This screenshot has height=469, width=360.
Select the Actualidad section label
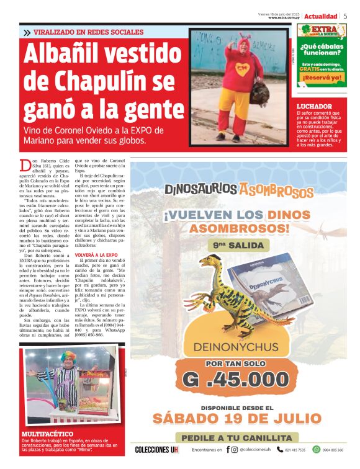pos(321,16)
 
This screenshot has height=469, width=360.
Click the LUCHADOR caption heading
pos(314,107)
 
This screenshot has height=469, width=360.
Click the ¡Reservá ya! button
pos(320,78)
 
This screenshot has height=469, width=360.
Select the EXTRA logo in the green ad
pos(320,32)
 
